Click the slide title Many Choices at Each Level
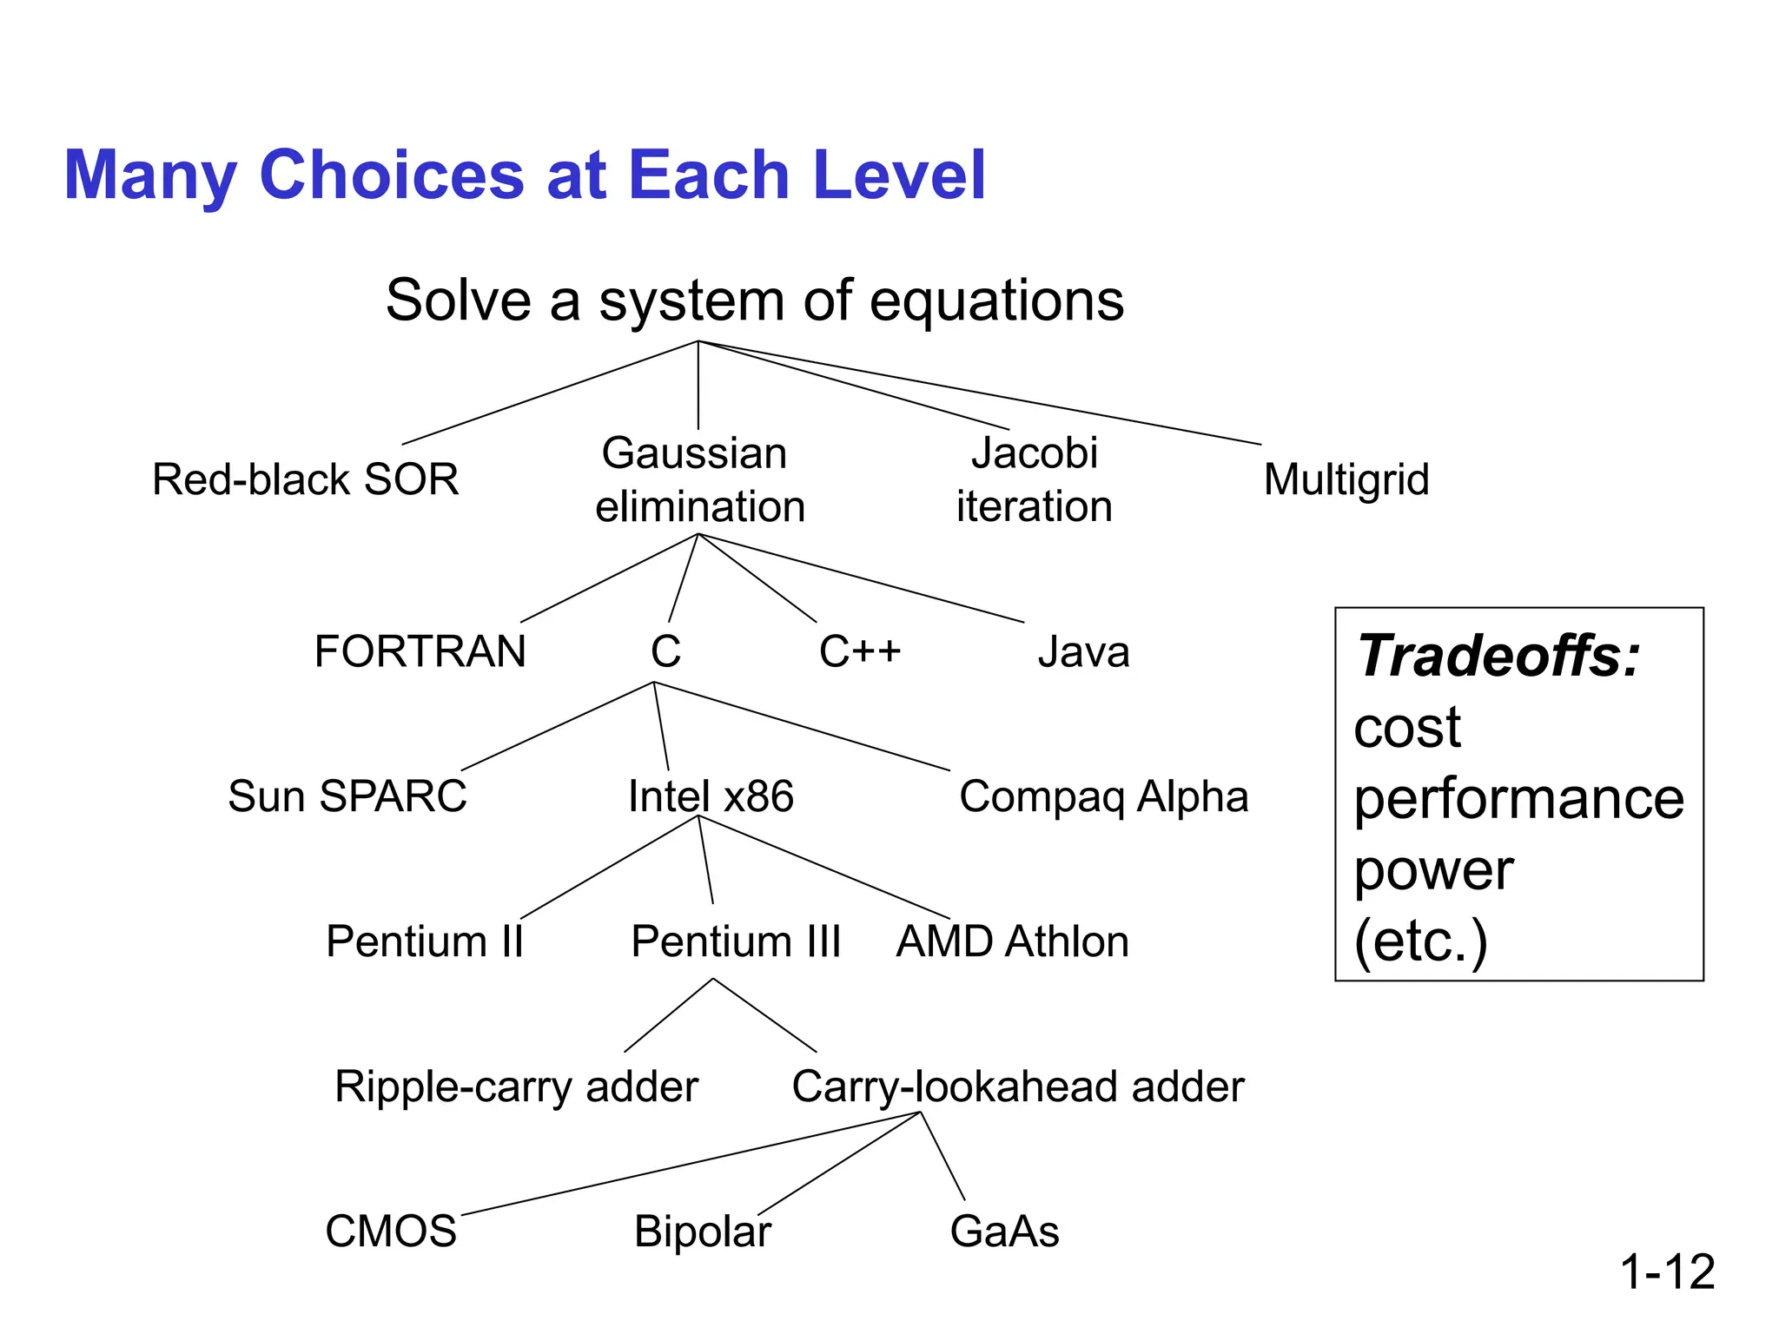[x=524, y=176]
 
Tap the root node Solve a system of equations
[x=754, y=300]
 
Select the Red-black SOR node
[x=306, y=479]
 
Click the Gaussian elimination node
[x=698, y=479]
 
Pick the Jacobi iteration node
[x=1034, y=479]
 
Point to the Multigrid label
[x=1346, y=479]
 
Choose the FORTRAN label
[x=420, y=651]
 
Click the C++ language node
[x=860, y=651]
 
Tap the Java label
[x=1083, y=651]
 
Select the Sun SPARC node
[x=347, y=796]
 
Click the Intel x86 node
[x=711, y=796]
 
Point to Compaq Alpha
[x=1103, y=796]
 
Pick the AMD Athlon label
[x=1012, y=941]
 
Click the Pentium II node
[x=425, y=941]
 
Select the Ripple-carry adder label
[x=516, y=1086]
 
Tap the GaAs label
[x=1004, y=1232]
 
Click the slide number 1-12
[x=1667, y=1272]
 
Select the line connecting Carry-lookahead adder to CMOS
[x=691, y=1163]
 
